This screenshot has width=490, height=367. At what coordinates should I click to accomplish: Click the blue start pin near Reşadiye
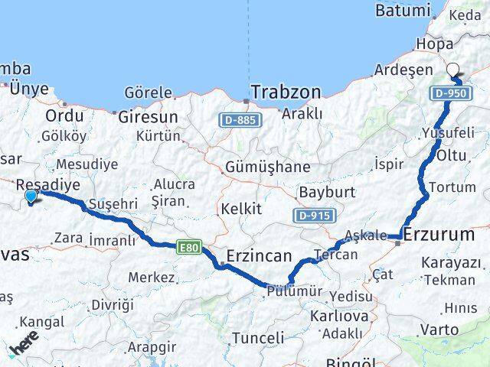(x=30, y=197)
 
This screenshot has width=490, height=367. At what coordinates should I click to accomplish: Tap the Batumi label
(x=404, y=11)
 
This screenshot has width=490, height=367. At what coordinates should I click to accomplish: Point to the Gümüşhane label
(x=268, y=167)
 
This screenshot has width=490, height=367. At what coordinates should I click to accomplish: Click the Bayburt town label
(x=324, y=191)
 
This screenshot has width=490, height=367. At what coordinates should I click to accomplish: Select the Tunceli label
(x=257, y=337)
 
